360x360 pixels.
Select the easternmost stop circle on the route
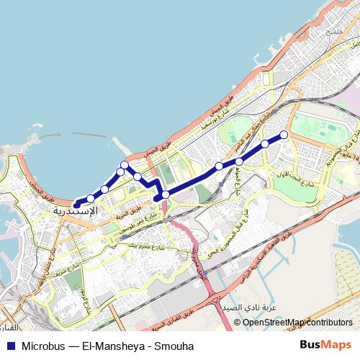click(284, 135)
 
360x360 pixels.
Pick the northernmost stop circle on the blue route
click(125, 166)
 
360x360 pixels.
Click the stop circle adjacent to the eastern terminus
click(265, 144)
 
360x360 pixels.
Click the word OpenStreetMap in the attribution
click(271, 323)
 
